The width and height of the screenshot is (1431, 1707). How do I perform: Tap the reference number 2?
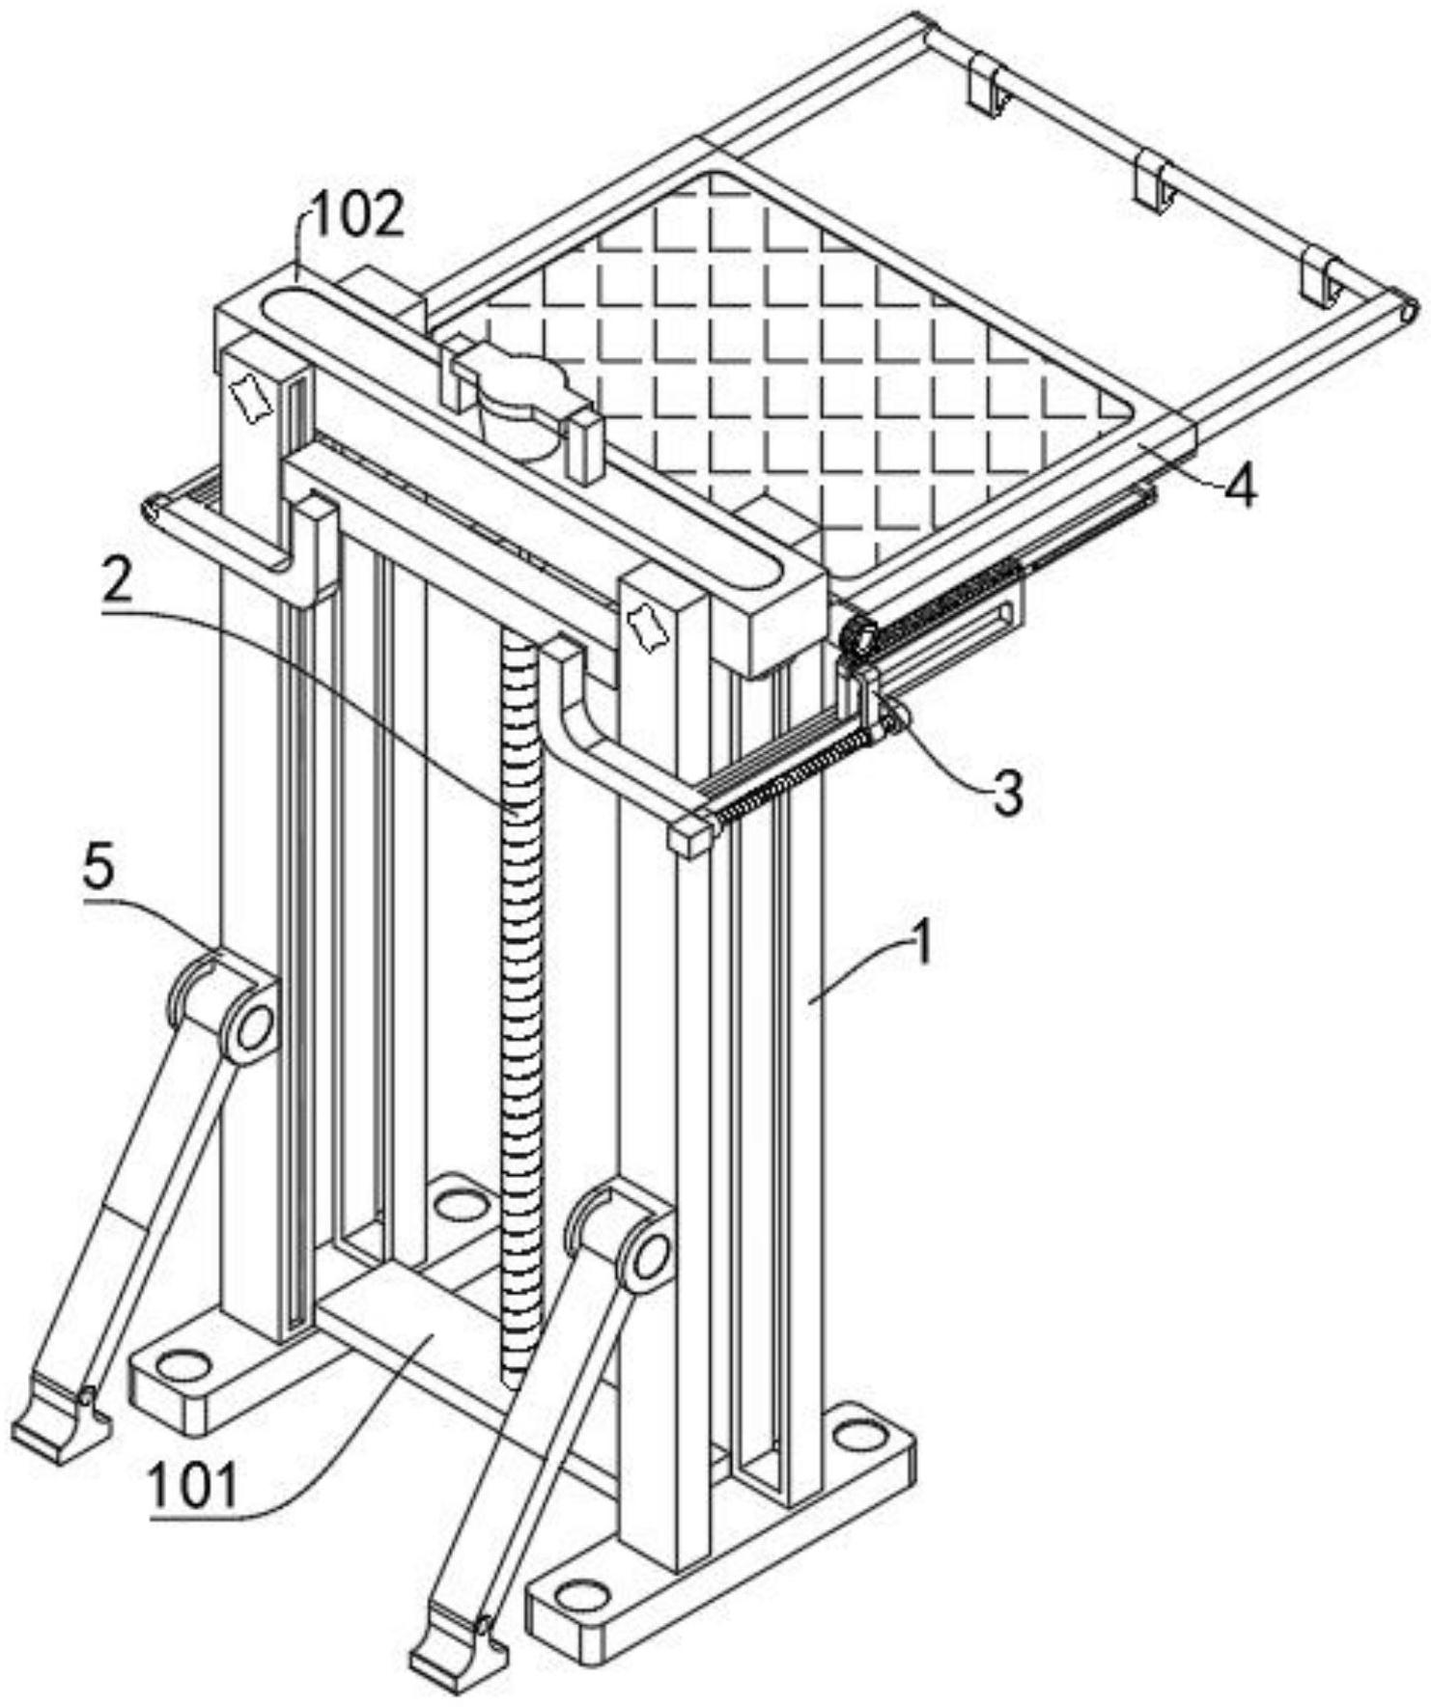coord(119,582)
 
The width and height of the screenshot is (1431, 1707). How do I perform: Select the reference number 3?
coord(1007,793)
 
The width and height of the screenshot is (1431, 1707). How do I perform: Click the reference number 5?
coord(98,866)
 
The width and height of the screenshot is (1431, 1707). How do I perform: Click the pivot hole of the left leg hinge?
coord(254,1026)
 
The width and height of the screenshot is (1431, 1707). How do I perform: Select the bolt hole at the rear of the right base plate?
coord(858,1436)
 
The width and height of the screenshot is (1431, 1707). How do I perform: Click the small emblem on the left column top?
coord(250,396)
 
